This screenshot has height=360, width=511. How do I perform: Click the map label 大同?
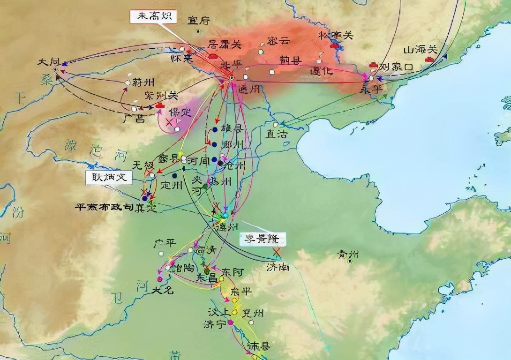point(50,62)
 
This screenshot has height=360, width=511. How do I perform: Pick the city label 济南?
point(278,267)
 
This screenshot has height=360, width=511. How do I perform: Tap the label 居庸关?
point(225,45)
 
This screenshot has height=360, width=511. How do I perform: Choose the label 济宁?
point(215,324)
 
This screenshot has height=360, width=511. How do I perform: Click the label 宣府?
point(199,20)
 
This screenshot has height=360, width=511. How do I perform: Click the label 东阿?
point(233,272)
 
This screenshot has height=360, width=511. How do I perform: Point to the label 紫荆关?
point(161,96)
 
